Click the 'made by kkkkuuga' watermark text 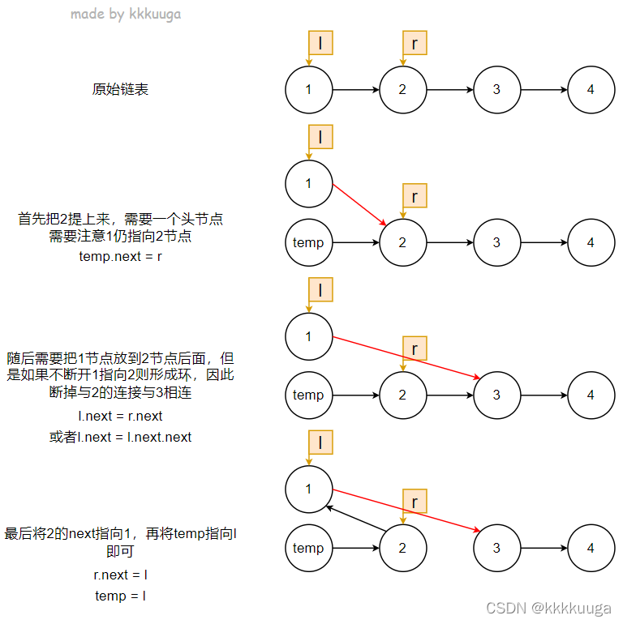[x=126, y=14]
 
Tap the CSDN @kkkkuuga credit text [x=549, y=607]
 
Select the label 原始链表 [x=120, y=89]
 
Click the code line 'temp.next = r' [x=121, y=256]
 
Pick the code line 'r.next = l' [x=121, y=575]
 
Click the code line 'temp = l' [x=121, y=596]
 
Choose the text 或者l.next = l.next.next [x=121, y=437]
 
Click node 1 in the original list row [x=308, y=89]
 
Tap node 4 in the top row [x=591, y=89]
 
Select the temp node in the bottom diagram [x=308, y=548]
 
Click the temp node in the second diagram [x=308, y=242]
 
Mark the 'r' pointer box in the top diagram [x=415, y=43]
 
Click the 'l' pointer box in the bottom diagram [x=320, y=442]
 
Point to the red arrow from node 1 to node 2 [x=359, y=204]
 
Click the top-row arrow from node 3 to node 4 [x=544, y=89]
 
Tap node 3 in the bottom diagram [x=496, y=548]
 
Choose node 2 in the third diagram [x=402, y=395]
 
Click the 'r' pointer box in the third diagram [x=415, y=348]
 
